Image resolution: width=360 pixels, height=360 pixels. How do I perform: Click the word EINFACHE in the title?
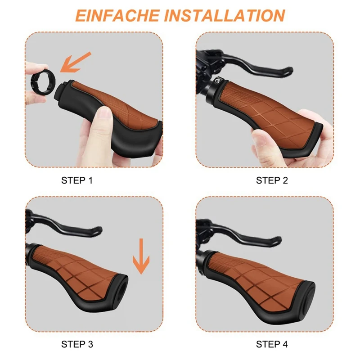click(x=117, y=16)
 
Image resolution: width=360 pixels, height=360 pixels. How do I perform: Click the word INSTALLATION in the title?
click(x=225, y=16)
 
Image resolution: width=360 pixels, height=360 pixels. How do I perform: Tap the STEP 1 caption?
click(x=77, y=180)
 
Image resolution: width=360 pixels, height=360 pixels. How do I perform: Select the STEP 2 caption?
click(x=272, y=180)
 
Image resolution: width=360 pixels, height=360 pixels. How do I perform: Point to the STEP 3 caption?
click(x=77, y=344)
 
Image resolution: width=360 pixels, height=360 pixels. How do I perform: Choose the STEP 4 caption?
click(x=272, y=344)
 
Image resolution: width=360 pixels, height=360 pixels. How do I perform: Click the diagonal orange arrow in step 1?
click(x=75, y=62)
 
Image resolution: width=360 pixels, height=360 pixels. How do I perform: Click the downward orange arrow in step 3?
click(x=141, y=256)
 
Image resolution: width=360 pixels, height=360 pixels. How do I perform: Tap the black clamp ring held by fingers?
click(x=43, y=82)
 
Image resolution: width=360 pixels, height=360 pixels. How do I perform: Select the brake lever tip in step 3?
click(x=99, y=230)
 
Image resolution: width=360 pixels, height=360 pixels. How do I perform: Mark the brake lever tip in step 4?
click(x=278, y=240)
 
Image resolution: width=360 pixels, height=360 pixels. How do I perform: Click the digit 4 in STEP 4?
click(x=285, y=344)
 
